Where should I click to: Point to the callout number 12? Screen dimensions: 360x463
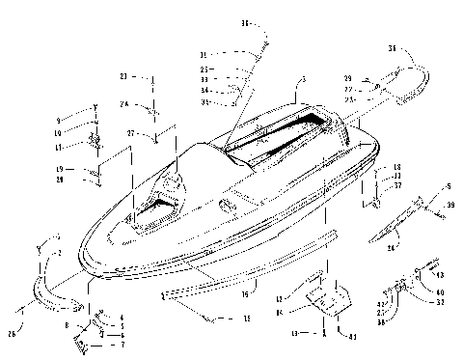pos(280,299)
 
